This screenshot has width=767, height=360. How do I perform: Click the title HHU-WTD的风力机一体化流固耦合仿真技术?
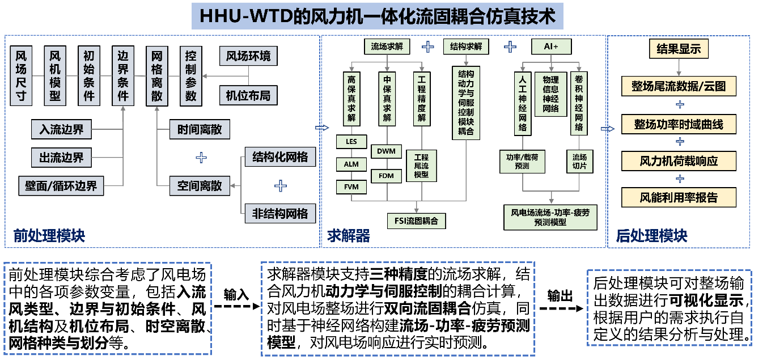[x=377, y=16]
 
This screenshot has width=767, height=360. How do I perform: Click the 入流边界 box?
[x=61, y=130]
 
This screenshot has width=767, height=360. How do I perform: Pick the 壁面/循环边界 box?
[x=61, y=186]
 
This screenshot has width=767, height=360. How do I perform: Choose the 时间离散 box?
[x=200, y=130]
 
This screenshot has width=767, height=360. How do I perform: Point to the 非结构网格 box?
[x=280, y=213]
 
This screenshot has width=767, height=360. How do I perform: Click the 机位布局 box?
[x=248, y=95]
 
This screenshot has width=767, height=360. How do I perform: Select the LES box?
[x=351, y=142]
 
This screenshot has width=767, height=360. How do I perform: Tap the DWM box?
[x=386, y=152]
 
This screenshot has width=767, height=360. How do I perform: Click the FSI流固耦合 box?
[x=416, y=221]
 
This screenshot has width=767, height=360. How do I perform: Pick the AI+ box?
[x=551, y=46]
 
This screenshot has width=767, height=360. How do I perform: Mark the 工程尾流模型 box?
[x=421, y=166]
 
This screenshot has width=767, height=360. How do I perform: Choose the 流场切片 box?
[x=579, y=161]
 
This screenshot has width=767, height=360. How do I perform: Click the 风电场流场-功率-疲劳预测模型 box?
[x=550, y=218]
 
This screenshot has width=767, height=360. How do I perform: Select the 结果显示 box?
[x=679, y=49]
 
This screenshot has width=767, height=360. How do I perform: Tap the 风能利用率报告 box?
[x=679, y=198]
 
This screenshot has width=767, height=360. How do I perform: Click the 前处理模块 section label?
[x=49, y=236]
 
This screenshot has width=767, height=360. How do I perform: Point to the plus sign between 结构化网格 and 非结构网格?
[x=280, y=185]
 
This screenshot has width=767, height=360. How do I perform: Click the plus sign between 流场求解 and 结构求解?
[x=427, y=46]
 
